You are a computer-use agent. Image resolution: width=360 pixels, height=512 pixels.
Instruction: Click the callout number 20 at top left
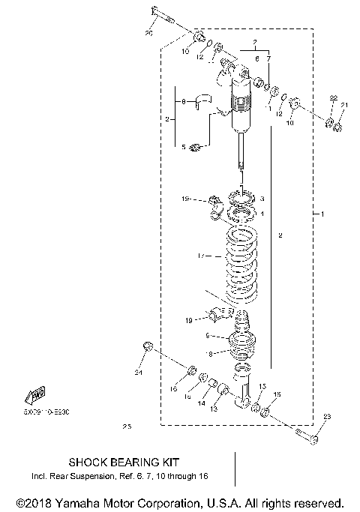pos(148,33)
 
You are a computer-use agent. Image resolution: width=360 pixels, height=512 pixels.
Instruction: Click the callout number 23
pos(326,417)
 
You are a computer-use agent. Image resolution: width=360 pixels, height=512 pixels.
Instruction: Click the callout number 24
pos(138,372)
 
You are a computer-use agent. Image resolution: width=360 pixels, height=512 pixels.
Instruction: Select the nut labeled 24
pos(147,346)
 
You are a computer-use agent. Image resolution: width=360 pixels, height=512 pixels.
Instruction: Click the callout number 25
pos(125,427)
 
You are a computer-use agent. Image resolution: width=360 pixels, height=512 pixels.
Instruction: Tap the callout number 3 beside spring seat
pos(262,199)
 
